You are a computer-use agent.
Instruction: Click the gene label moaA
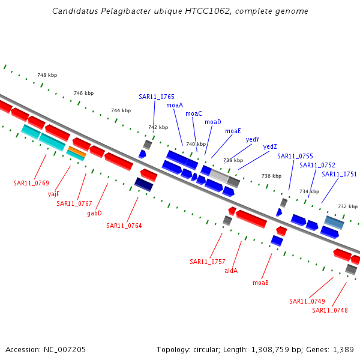175,105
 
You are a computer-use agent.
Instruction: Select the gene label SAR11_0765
157,97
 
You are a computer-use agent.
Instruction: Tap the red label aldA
231,271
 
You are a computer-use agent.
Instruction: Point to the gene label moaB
260,283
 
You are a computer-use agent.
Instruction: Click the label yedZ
270,147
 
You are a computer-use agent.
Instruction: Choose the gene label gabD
94,213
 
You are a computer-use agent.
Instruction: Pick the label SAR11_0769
31,183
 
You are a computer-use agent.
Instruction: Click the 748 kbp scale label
47,76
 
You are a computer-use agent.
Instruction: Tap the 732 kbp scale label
347,206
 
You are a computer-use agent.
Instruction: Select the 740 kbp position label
196,144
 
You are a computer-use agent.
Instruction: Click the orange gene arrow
77,151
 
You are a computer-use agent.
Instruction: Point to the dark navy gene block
143,184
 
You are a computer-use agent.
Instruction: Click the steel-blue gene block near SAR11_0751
334,222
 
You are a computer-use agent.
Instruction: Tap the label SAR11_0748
329,310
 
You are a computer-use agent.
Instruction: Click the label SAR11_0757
208,262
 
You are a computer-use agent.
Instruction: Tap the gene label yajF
53,194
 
